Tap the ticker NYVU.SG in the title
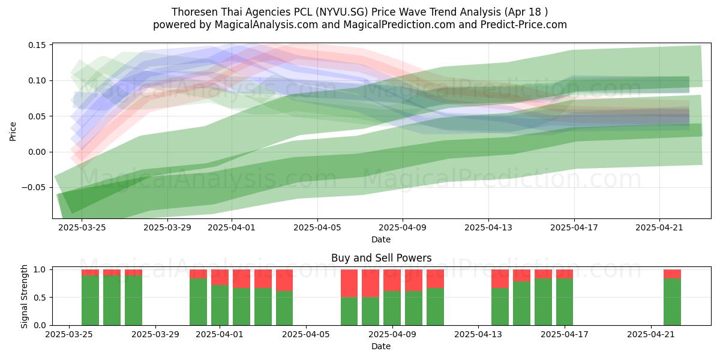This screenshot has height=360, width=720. (341, 12)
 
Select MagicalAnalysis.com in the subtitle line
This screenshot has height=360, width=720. (266, 25)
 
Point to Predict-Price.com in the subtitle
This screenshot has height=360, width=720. (524, 25)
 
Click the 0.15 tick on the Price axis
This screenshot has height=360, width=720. (37, 45)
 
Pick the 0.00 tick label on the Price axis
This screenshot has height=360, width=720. (37, 152)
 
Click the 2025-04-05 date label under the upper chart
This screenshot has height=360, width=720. (317, 228)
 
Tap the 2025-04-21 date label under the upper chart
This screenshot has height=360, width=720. (659, 228)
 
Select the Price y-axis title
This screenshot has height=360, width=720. (13, 131)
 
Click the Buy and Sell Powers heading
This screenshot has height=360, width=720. (381, 258)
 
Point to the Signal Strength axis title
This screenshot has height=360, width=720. (24, 296)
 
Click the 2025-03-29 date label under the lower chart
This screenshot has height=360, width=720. (155, 335)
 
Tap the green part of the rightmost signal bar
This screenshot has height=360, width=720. (672, 302)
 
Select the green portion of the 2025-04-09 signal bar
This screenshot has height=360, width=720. (392, 308)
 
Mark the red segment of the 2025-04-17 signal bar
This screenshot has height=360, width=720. (565, 274)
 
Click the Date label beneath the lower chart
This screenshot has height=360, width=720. (381, 347)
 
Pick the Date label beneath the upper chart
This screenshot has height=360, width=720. (381, 239)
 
